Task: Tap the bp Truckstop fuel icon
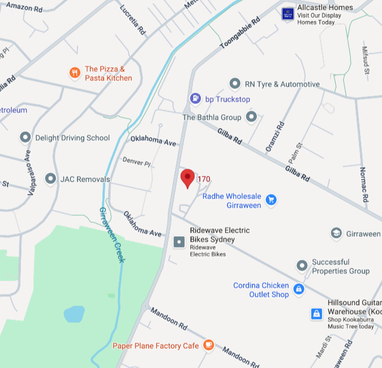(x=195, y=98)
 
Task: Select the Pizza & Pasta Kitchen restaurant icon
(x=75, y=73)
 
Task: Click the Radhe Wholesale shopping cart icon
(x=271, y=200)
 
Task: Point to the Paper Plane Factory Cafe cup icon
(x=209, y=344)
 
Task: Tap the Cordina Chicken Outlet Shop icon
(x=298, y=289)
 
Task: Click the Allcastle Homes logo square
(x=288, y=14)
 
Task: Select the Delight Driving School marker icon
(x=25, y=138)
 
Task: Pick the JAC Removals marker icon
(x=50, y=179)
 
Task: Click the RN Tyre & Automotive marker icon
(x=235, y=84)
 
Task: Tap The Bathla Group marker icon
(x=251, y=117)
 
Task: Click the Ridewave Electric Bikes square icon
(x=179, y=242)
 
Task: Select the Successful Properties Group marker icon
(x=302, y=265)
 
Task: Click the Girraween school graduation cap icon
(x=336, y=233)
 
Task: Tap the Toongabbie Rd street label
(x=240, y=33)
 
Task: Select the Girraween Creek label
(x=112, y=235)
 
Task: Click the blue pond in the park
(x=74, y=314)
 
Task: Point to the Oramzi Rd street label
(x=275, y=136)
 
